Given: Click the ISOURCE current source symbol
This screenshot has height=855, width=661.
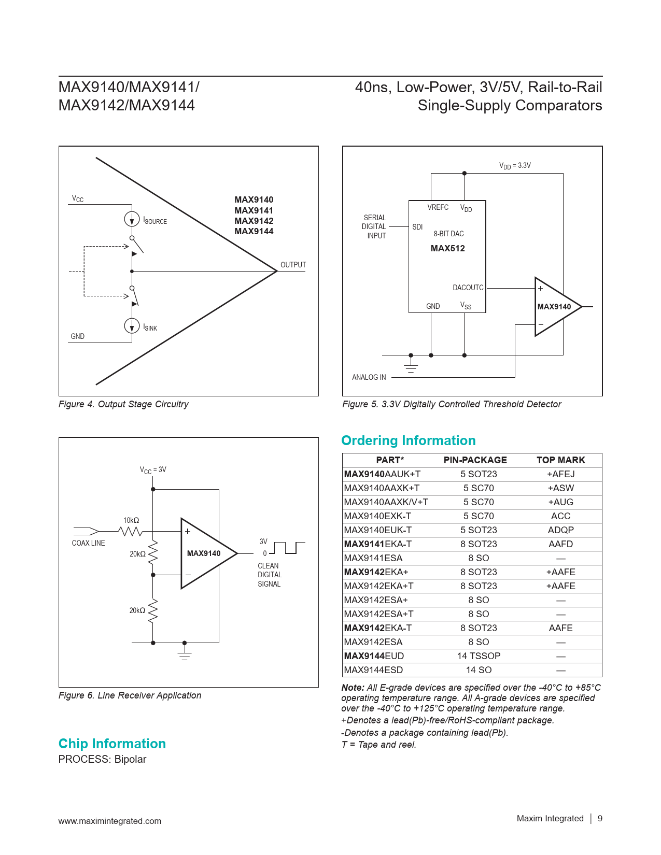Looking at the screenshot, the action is tap(132, 219).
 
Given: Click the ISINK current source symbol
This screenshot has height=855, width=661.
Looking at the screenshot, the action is tap(132, 326).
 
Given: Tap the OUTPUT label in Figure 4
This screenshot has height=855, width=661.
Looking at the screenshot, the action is tap(293, 265).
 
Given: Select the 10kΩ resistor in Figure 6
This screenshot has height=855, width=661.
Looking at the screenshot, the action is tap(130, 532).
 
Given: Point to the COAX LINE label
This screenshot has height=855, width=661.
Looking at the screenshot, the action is tap(88, 543).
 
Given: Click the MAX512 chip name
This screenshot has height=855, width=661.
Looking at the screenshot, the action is tap(447, 248).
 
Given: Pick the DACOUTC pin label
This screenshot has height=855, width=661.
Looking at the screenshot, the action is tap(468, 288).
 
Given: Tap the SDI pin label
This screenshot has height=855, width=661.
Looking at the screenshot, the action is tap(417, 227).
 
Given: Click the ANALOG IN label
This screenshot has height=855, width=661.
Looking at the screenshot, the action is tap(369, 377).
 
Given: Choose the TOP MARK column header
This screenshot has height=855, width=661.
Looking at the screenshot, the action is tap(560, 460).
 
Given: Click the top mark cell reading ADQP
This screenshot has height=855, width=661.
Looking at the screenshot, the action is tap(560, 530).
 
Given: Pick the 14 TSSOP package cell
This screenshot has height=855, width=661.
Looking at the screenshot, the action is tap(479, 656).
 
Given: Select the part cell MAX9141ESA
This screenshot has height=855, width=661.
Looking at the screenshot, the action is tap(373, 558).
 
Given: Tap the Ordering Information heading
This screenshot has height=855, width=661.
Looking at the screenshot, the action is tap(408, 440).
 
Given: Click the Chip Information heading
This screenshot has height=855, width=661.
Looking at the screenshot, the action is tap(112, 744).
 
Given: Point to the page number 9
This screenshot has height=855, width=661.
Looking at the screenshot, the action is tap(600, 818).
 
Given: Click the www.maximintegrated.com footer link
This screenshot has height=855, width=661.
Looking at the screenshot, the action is tap(110, 821).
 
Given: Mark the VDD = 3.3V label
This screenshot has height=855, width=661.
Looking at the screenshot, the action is tap(515, 166).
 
